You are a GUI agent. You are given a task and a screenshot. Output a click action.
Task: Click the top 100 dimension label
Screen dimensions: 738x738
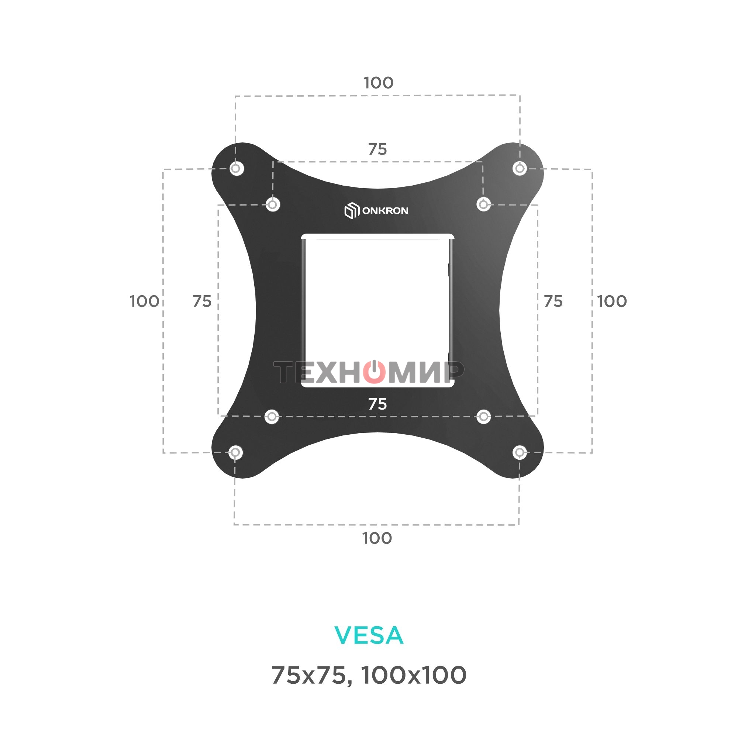click(x=378, y=83)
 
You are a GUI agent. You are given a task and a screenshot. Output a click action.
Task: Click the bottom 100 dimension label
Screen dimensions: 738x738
click(x=377, y=538)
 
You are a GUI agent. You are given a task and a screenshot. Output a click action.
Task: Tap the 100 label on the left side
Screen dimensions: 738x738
click(x=144, y=301)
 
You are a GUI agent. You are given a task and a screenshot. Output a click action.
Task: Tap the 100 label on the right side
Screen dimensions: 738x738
click(x=611, y=301)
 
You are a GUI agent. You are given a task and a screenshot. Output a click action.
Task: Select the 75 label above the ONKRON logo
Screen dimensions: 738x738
click(x=377, y=149)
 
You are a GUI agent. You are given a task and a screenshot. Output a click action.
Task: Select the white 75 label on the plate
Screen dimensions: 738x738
click(x=377, y=404)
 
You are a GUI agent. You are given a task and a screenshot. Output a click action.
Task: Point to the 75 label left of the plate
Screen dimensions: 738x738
click(x=202, y=301)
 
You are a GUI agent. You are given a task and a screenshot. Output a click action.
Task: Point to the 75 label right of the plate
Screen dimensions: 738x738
click(x=553, y=301)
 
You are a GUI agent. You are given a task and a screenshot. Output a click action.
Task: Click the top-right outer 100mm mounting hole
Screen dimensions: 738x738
click(x=520, y=168)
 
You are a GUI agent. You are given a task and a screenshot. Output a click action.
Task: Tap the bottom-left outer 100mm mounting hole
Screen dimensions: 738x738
click(x=235, y=453)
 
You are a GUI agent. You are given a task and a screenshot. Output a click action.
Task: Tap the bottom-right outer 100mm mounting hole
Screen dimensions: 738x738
click(x=519, y=453)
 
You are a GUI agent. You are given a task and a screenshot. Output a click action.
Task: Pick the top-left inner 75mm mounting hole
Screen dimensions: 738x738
click(x=272, y=204)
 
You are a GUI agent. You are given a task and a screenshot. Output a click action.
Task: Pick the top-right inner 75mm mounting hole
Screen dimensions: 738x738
click(x=483, y=204)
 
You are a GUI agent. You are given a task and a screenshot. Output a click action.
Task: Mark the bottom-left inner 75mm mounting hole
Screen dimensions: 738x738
click(x=272, y=416)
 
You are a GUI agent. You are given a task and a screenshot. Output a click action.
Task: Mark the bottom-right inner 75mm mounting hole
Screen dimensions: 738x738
click(x=484, y=416)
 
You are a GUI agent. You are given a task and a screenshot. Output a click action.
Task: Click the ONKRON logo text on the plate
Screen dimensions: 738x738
click(x=385, y=210)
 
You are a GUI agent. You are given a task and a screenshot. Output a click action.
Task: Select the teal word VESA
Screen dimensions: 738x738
click(x=369, y=635)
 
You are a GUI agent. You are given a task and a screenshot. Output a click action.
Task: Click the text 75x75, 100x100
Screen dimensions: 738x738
click(x=369, y=675)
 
